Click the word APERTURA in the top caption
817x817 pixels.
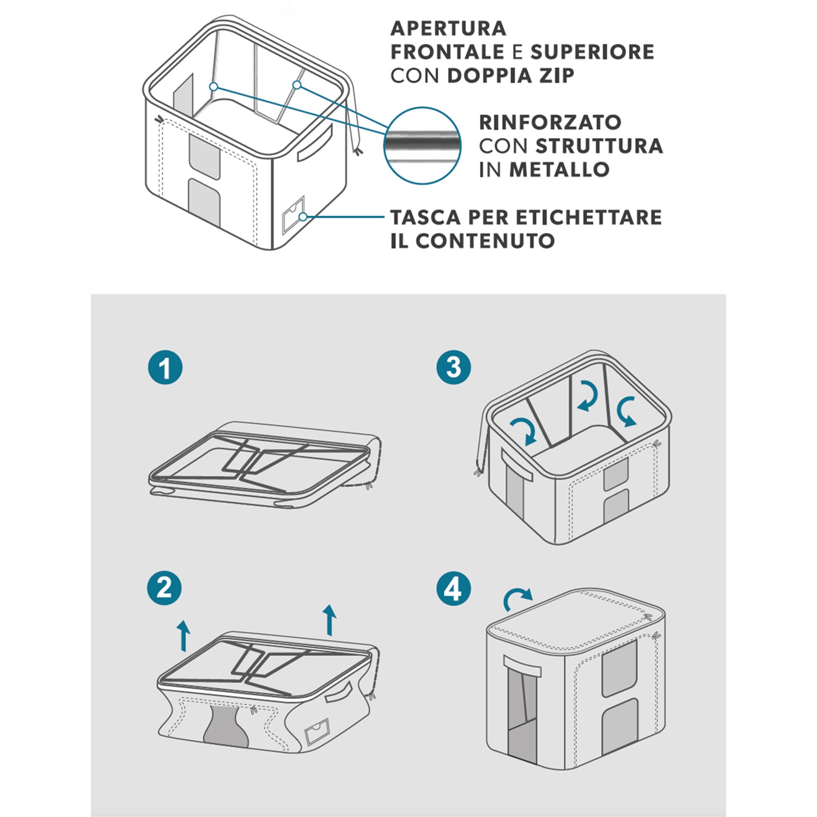[448, 28]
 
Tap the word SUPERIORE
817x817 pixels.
[592, 52]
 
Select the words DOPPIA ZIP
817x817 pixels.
[510, 76]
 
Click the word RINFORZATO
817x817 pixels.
[550, 123]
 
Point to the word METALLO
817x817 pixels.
[559, 169]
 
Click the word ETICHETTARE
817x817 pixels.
[588, 217]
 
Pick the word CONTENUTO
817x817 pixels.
[485, 241]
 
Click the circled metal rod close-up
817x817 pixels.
[422, 145]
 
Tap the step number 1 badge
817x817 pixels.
[165, 368]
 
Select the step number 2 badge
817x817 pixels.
[164, 588]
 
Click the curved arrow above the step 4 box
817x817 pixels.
[517, 599]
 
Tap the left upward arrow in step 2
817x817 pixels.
[184, 635]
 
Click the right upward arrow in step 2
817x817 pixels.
[329, 620]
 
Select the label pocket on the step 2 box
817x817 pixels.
[317, 731]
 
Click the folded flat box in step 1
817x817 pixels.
[264, 465]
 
